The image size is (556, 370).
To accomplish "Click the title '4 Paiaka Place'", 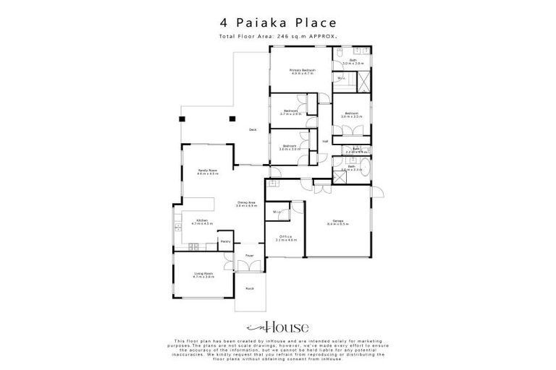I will click(x=277, y=24).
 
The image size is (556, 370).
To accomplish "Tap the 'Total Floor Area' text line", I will click(x=277, y=36).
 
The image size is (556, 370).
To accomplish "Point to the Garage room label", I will click(x=337, y=222).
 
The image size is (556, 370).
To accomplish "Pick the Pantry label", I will click(x=226, y=241).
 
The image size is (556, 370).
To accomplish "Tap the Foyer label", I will click(x=249, y=256).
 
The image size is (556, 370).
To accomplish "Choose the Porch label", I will click(x=249, y=288).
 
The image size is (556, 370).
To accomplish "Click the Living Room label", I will click(x=203, y=275).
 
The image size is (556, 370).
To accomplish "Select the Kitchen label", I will click(x=200, y=223).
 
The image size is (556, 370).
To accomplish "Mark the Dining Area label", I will click(x=246, y=204).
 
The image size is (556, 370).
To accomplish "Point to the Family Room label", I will click(x=208, y=172).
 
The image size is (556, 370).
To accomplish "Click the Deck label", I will click(x=252, y=130).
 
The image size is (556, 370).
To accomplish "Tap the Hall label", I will click(x=325, y=141).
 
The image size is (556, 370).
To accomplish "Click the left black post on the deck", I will click(x=182, y=119).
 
